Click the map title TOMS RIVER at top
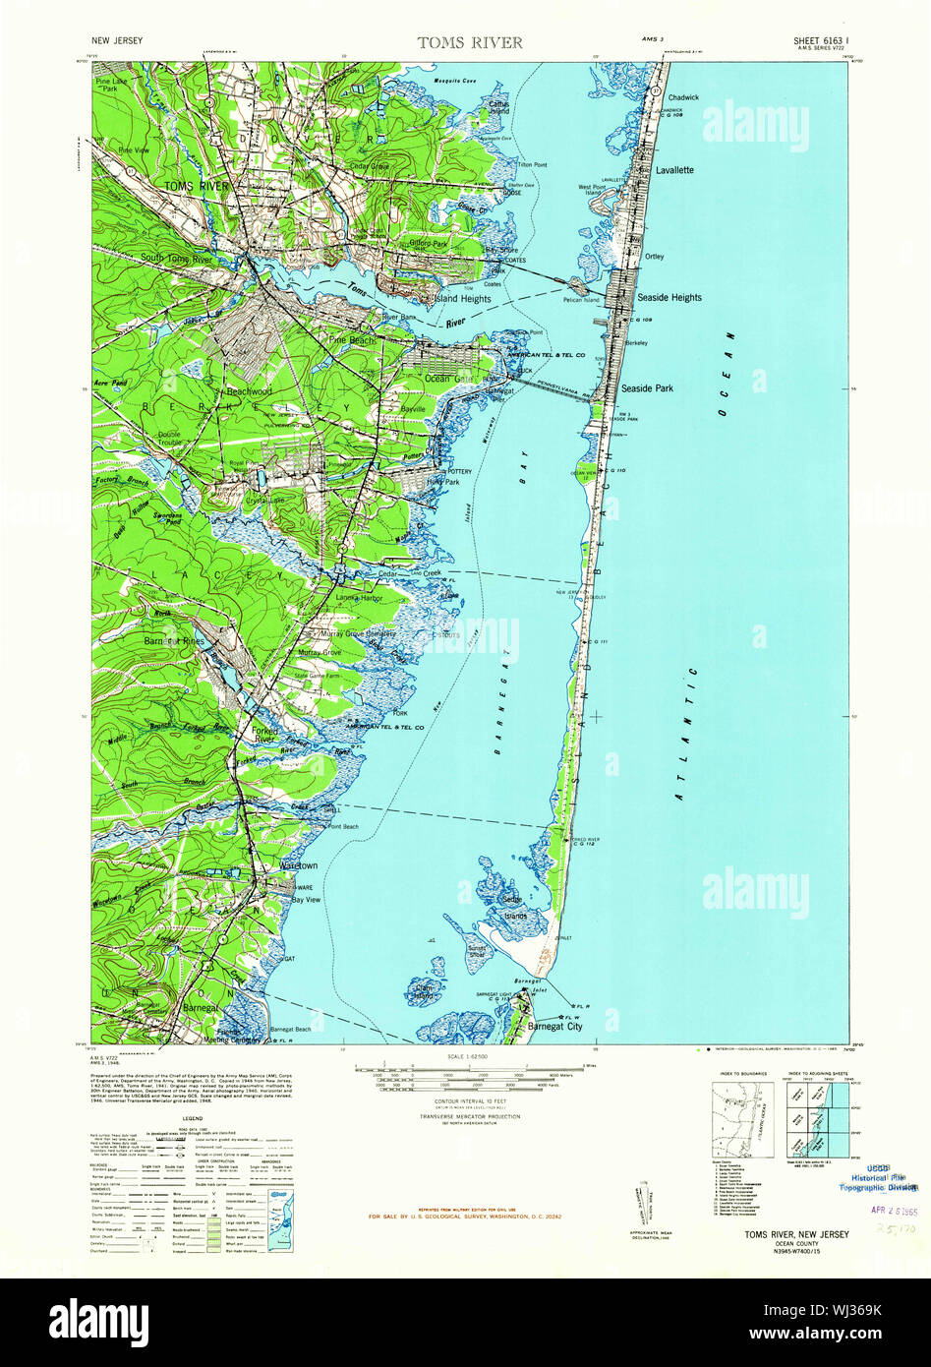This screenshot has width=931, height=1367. pyautogui.click(x=470, y=42)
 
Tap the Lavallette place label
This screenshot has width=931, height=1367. pyautogui.click(x=674, y=170)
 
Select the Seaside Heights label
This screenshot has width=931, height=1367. pyautogui.click(x=669, y=297)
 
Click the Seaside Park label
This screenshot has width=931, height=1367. pyautogui.click(x=647, y=388)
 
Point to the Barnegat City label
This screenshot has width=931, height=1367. pyautogui.click(x=554, y=1027)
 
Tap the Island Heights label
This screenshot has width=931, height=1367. pyautogui.click(x=462, y=298)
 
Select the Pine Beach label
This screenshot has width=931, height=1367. pyautogui.click(x=352, y=339)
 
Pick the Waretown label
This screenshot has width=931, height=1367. pyautogui.click(x=299, y=865)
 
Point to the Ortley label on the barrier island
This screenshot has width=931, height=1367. pyautogui.click(x=654, y=257)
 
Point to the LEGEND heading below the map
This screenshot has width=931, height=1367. pyautogui.click(x=192, y=1119)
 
